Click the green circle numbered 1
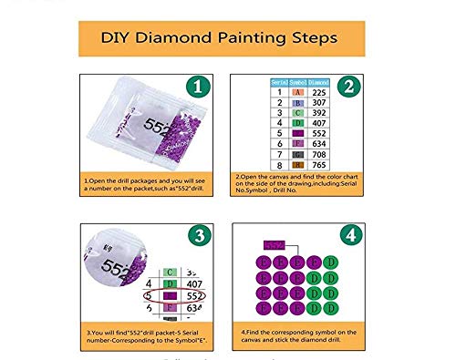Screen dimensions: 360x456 194,87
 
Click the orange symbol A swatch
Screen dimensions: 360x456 298,92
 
